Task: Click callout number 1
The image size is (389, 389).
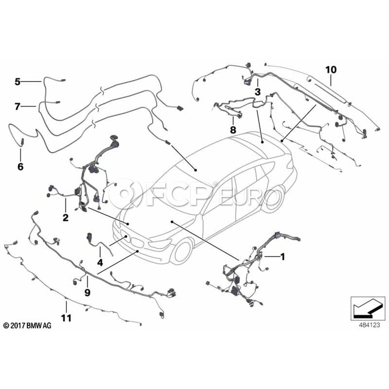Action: pyautogui.click(x=283, y=257)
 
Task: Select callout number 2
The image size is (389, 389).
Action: pyautogui.click(x=65, y=218)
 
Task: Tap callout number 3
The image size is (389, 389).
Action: pyautogui.click(x=258, y=92)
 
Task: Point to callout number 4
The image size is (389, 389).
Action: pyautogui.click(x=100, y=262)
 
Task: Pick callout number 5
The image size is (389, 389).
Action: pyautogui.click(x=17, y=81)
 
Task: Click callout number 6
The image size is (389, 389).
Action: pyautogui.click(x=20, y=166)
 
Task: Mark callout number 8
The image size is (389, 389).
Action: pyautogui.click(x=233, y=129)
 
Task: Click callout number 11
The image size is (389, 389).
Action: pyautogui.click(x=66, y=318)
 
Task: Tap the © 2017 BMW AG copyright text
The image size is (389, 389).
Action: pyautogui.click(x=27, y=325)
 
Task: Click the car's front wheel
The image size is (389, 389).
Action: pyautogui.click(x=182, y=252)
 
